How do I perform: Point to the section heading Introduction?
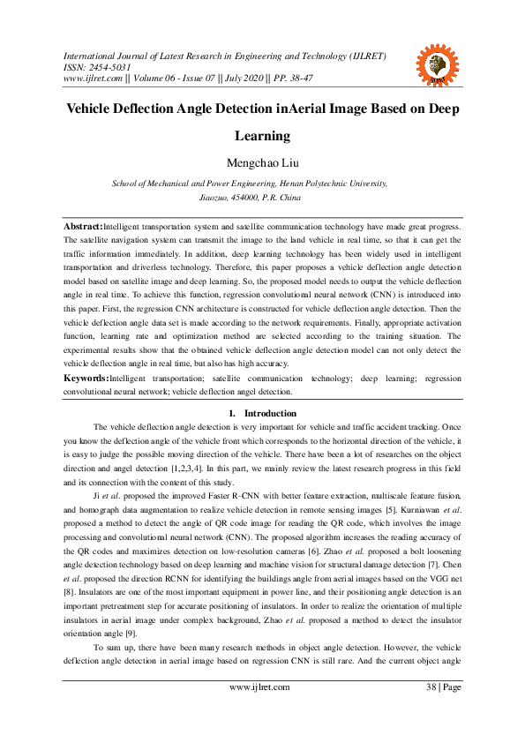point(271,413)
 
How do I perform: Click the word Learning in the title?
point(262,136)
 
